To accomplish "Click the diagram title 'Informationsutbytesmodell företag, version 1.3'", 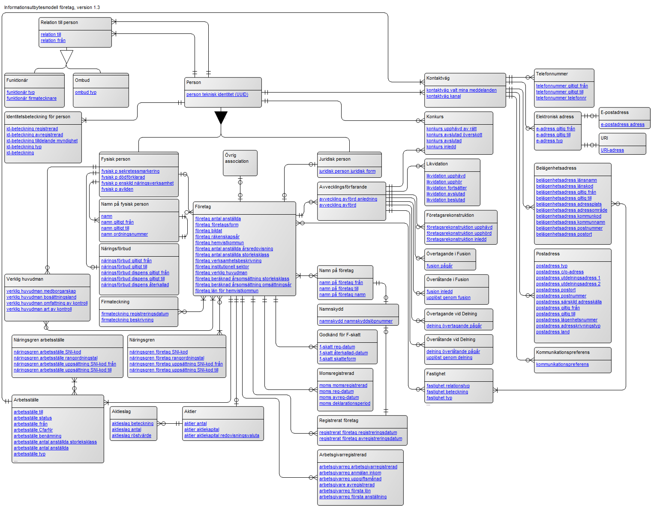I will tap(52, 7).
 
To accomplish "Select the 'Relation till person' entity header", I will tap(59, 23).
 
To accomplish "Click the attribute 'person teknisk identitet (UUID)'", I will tap(217, 95).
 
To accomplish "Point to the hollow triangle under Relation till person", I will tap(67, 57).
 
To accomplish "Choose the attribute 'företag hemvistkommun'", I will tap(219, 243).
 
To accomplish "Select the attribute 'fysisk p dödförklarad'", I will tap(123, 177).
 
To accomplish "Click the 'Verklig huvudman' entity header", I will tap(25, 279).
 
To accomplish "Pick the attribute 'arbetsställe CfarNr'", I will tap(33, 430).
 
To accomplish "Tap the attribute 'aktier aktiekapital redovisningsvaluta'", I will tap(222, 436).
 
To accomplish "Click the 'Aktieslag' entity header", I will tap(121, 412).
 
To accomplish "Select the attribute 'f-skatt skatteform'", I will tap(337, 359).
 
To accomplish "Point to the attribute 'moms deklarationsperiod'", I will tap(345, 404).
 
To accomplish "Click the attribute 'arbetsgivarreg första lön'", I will tap(345, 491).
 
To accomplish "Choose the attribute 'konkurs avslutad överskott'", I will tap(454, 135).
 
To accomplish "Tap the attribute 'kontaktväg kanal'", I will tap(444, 96).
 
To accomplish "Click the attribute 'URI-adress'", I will tap(612, 150).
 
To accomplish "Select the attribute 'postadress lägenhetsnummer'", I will tap(567, 320).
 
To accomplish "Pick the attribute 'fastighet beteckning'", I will tap(447, 392).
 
